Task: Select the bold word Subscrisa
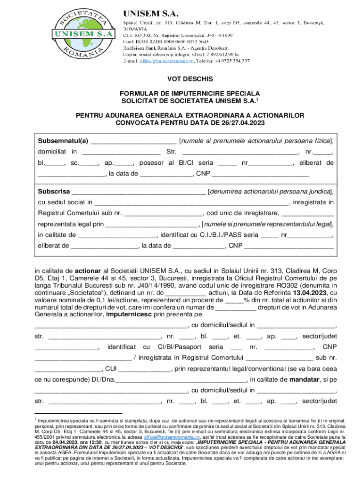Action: [54, 192]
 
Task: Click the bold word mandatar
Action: [305, 379]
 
